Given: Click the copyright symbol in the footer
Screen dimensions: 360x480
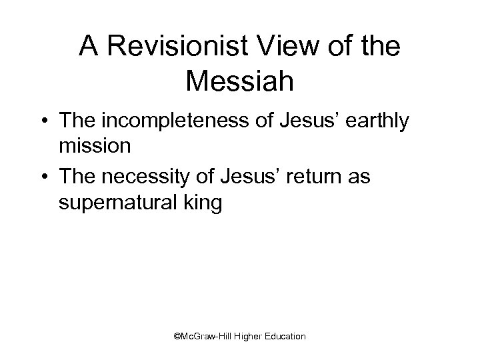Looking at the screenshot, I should coord(177,337).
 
